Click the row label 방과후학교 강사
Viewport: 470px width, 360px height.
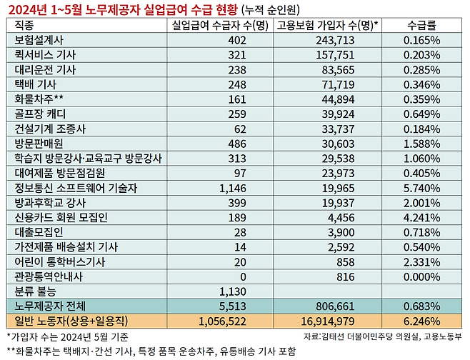click(x=49, y=203)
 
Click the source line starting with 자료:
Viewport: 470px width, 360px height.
click(x=383, y=335)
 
